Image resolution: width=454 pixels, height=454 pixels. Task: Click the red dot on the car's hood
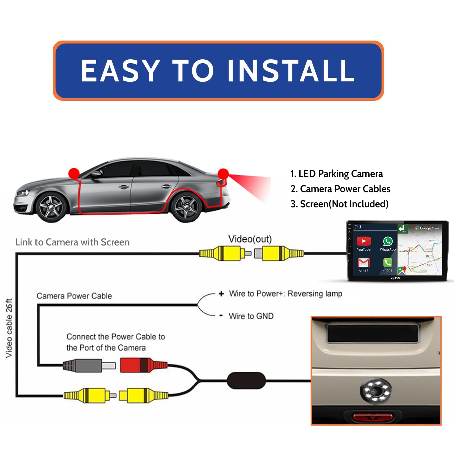[74, 173]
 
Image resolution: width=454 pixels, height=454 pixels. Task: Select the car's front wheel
[51, 208]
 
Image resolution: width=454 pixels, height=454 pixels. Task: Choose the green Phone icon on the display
[387, 262]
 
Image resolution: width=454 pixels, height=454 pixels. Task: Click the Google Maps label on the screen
[429, 228]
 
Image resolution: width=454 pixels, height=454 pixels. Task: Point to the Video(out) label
[250, 239]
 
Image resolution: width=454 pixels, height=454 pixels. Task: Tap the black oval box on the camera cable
[246, 380]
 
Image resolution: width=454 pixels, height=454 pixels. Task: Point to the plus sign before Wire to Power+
[221, 294]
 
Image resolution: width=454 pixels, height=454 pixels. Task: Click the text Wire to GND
[251, 316]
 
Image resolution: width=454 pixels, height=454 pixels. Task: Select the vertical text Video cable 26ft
[9, 328]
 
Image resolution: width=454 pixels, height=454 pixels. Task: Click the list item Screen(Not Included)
[339, 204]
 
